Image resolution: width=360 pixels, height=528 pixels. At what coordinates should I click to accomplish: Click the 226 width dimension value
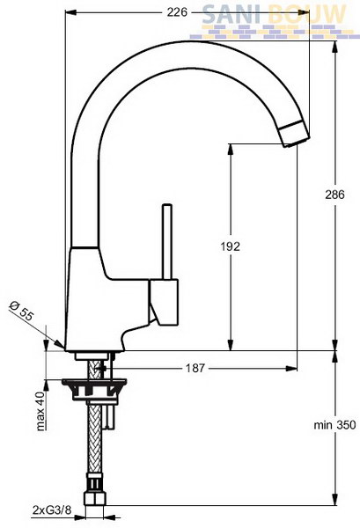pyautogui.click(x=177, y=12)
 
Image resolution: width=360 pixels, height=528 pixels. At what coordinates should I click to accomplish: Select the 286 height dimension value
pyautogui.click(x=335, y=194)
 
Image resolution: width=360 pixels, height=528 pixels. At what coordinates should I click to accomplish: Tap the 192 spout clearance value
pyautogui.click(x=231, y=246)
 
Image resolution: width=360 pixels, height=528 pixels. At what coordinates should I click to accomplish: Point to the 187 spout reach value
pyautogui.click(x=195, y=368)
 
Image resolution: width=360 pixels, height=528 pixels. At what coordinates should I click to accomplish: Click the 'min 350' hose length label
pyautogui.click(x=334, y=425)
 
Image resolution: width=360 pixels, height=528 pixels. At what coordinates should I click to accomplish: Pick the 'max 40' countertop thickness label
pyautogui.click(x=40, y=411)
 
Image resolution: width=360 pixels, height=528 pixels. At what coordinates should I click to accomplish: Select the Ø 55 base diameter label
pyautogui.click(x=22, y=312)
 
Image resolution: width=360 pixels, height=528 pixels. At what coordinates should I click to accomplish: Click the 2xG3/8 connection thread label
pyautogui.click(x=53, y=510)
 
